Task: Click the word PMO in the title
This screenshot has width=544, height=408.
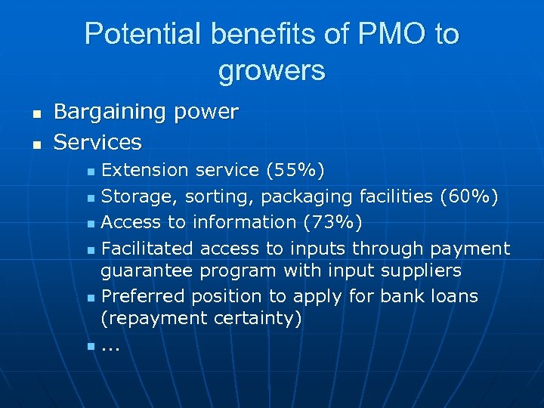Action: (386, 34)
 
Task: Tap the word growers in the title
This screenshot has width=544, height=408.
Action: (272, 70)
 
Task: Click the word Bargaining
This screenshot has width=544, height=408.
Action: (110, 112)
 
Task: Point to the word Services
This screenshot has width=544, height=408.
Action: (97, 141)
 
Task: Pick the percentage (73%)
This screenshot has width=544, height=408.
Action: (331, 222)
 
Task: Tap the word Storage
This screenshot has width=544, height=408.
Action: (134, 196)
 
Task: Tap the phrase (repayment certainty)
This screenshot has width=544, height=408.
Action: (201, 318)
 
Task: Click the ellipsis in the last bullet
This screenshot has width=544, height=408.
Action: (110, 349)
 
